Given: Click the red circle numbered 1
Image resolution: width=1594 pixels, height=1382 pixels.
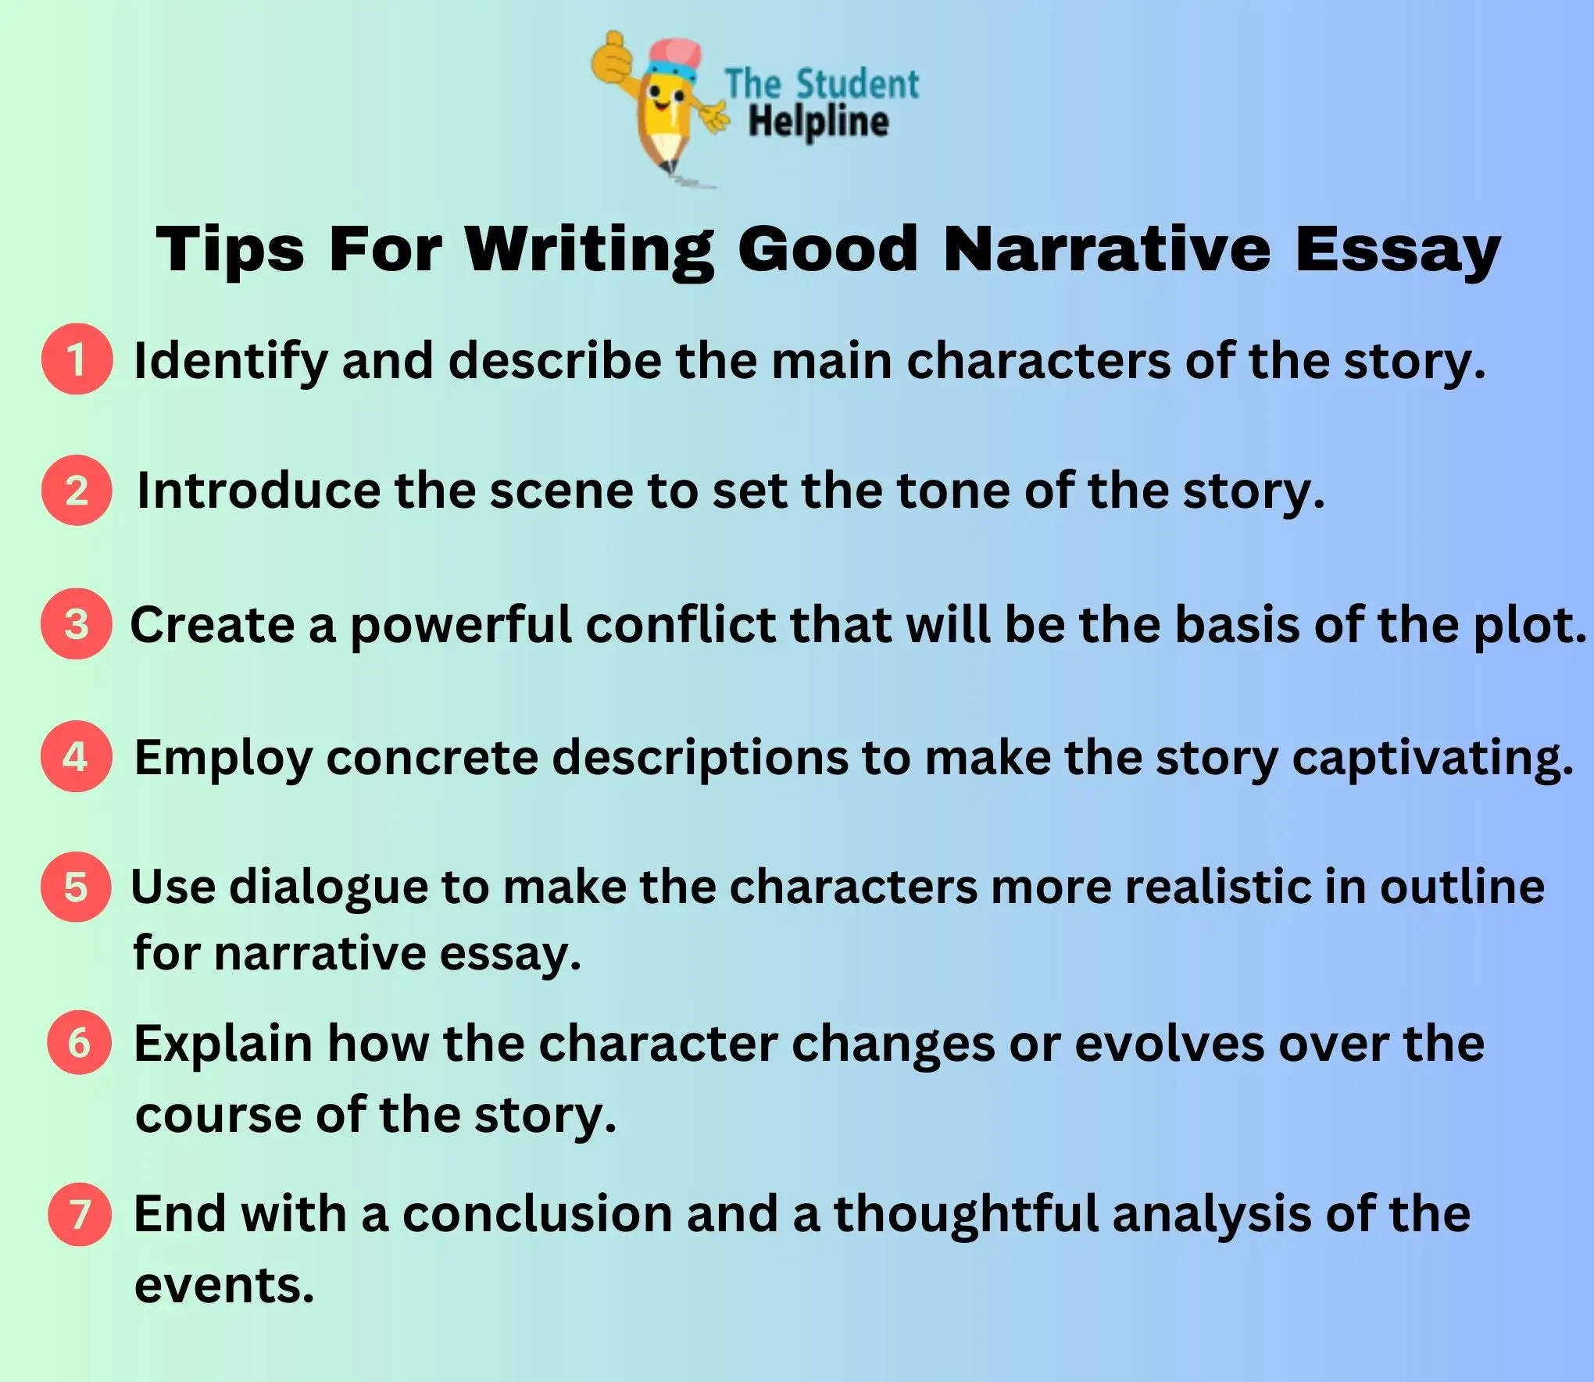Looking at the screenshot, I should tap(77, 359).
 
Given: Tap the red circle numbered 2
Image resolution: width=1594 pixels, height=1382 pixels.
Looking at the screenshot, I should tap(77, 490).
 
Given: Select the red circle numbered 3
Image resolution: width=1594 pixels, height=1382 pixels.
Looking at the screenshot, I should tap(77, 623).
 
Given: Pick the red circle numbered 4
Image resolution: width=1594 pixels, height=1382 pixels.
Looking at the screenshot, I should tap(77, 755).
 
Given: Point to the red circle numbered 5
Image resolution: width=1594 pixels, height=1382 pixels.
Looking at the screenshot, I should tap(77, 887).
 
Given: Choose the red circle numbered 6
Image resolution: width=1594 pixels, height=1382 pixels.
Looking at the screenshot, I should tap(79, 1042).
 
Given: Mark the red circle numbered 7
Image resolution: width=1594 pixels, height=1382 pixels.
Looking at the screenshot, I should tap(79, 1214).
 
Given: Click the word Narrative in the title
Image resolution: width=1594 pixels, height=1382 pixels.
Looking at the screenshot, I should tap(1106, 249).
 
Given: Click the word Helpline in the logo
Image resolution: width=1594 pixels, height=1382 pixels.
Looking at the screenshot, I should tap(818, 122).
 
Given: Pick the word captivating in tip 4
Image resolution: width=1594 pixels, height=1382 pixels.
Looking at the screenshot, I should tap(1431, 759).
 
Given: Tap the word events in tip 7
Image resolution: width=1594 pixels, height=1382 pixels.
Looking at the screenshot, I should tap(223, 1285).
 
